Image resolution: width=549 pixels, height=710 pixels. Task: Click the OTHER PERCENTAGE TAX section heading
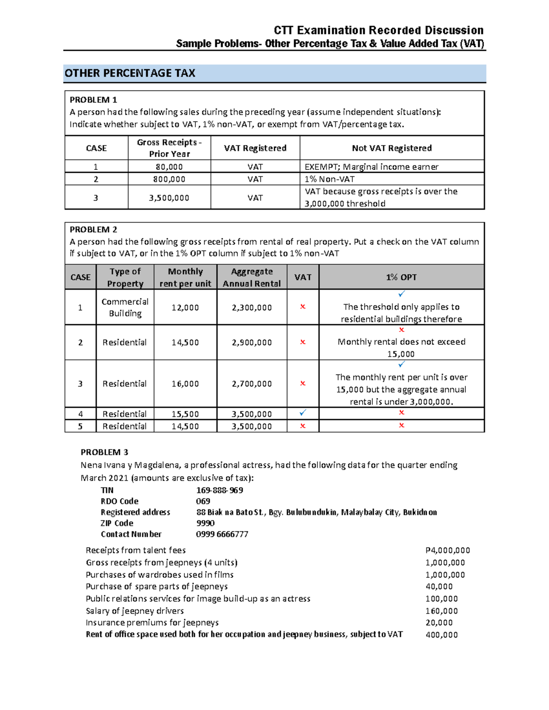(x=130, y=73)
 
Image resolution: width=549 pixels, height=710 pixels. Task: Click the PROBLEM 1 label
(x=93, y=100)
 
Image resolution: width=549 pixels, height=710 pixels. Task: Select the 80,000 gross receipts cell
(x=169, y=167)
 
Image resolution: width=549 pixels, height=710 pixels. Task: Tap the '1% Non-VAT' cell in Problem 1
(x=329, y=179)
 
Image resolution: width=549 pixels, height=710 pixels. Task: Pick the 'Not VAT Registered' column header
(x=392, y=148)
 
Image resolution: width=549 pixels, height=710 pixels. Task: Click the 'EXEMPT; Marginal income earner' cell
(x=371, y=167)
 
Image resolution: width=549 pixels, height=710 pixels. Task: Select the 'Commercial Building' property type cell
(x=125, y=307)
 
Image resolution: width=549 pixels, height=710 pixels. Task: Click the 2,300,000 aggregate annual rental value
(x=252, y=308)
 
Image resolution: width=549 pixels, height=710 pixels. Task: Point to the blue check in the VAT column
(x=302, y=413)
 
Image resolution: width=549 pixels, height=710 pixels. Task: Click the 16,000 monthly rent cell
(x=185, y=384)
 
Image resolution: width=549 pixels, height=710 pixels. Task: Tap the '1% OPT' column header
(x=401, y=277)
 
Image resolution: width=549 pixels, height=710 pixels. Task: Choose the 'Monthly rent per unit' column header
(x=185, y=277)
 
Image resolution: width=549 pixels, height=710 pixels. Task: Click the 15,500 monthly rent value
(x=185, y=414)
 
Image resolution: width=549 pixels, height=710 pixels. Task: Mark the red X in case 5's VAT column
(x=302, y=426)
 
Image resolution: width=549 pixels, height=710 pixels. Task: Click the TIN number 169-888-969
(x=220, y=490)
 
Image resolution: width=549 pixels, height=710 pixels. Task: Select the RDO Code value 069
(x=203, y=501)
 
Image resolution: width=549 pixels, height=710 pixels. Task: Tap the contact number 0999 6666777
(x=222, y=534)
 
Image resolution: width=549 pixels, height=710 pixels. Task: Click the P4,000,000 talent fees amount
(x=447, y=550)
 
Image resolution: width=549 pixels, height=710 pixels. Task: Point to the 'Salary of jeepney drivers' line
(x=135, y=611)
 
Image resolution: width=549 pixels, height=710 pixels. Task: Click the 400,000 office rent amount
(x=441, y=635)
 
